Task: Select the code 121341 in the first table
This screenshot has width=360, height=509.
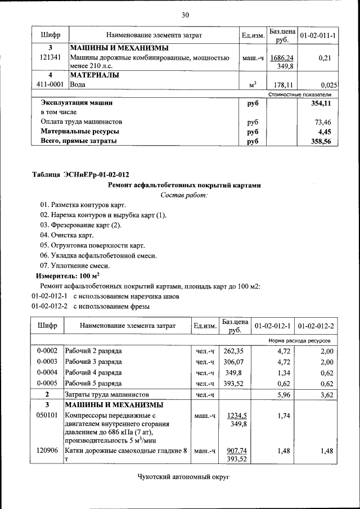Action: (x=49, y=57)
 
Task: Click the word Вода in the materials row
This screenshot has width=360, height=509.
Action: (x=78, y=84)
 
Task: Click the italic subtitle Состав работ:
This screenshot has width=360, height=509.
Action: (x=184, y=195)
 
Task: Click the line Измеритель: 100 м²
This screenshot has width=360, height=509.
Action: (x=68, y=276)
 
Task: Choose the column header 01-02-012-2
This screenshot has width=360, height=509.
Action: (x=316, y=326)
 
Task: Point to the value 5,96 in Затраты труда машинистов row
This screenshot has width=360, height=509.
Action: (x=279, y=395)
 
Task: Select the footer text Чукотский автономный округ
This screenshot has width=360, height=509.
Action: (x=184, y=478)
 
